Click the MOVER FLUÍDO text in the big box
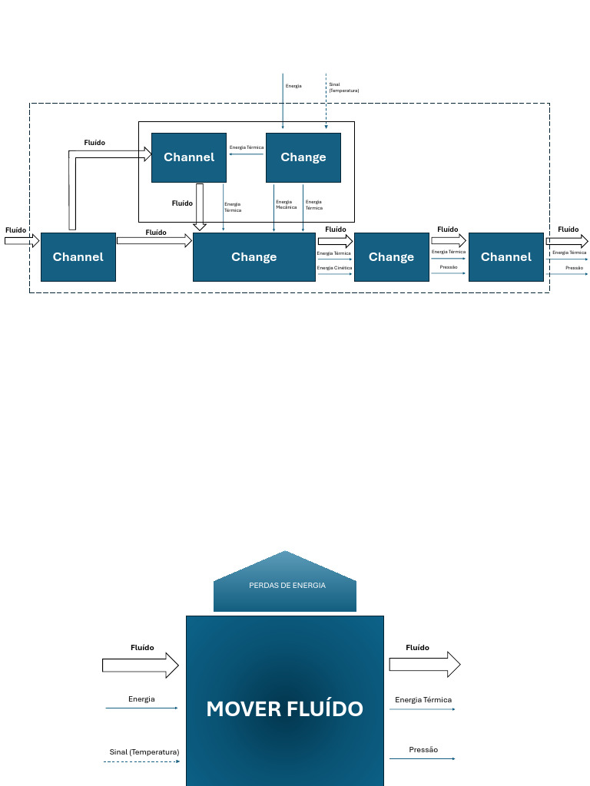pyautogui.click(x=284, y=709)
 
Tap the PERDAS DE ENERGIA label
pyautogui.click(x=287, y=586)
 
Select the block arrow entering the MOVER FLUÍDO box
pyautogui.click(x=141, y=665)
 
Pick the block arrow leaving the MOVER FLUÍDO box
pyautogui.click(x=424, y=665)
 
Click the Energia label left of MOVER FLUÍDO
pyautogui.click(x=141, y=699)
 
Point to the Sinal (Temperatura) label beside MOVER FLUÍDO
pyautogui.click(x=144, y=751)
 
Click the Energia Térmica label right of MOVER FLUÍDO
pyautogui.click(x=423, y=700)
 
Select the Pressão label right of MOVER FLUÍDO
pyautogui.click(x=423, y=749)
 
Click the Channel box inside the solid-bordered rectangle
pyautogui.click(x=189, y=157)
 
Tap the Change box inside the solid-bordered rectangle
pyautogui.click(x=303, y=157)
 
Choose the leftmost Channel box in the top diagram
pyautogui.click(x=78, y=257)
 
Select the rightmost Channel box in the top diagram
pyautogui.click(x=505, y=257)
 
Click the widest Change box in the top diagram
pyautogui.click(x=254, y=257)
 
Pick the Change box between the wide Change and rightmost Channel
pyautogui.click(x=391, y=257)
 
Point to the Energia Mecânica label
pyautogui.click(x=286, y=204)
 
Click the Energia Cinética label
pyautogui.click(x=334, y=268)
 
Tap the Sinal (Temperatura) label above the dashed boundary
pyautogui.click(x=343, y=88)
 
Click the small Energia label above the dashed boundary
pyautogui.click(x=293, y=86)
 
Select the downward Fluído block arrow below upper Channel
pyautogui.click(x=200, y=206)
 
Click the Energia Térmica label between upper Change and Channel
pyautogui.click(x=247, y=147)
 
